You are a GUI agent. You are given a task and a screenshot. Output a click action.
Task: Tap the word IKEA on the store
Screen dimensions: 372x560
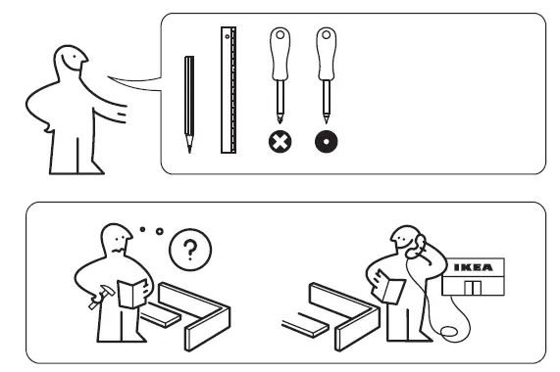coord(477,266)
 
